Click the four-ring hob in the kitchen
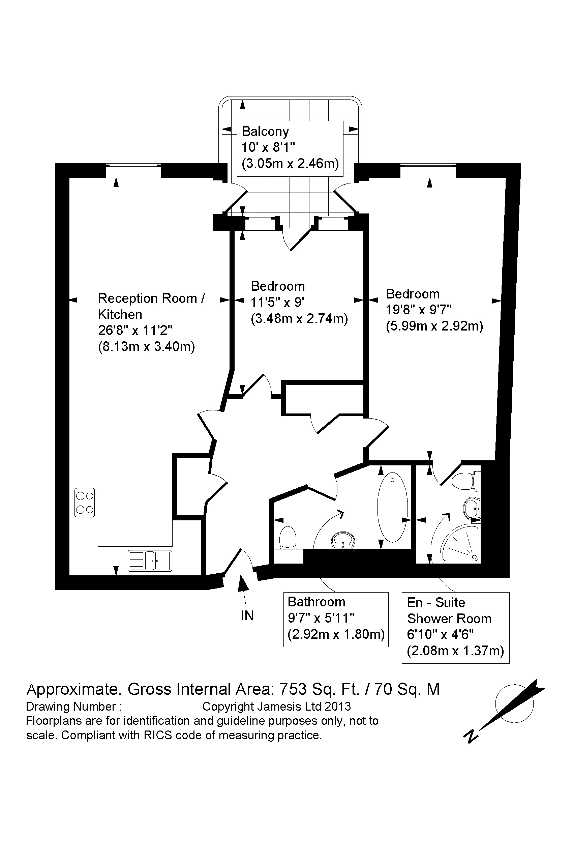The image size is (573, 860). [84, 503]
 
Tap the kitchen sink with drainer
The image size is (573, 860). [149, 561]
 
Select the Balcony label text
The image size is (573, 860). [265, 131]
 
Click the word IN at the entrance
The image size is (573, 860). [247, 616]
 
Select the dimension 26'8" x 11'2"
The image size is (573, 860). [135, 331]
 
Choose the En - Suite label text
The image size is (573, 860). [435, 602]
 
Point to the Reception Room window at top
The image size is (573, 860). [133, 171]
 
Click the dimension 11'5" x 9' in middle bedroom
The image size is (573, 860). [277, 303]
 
